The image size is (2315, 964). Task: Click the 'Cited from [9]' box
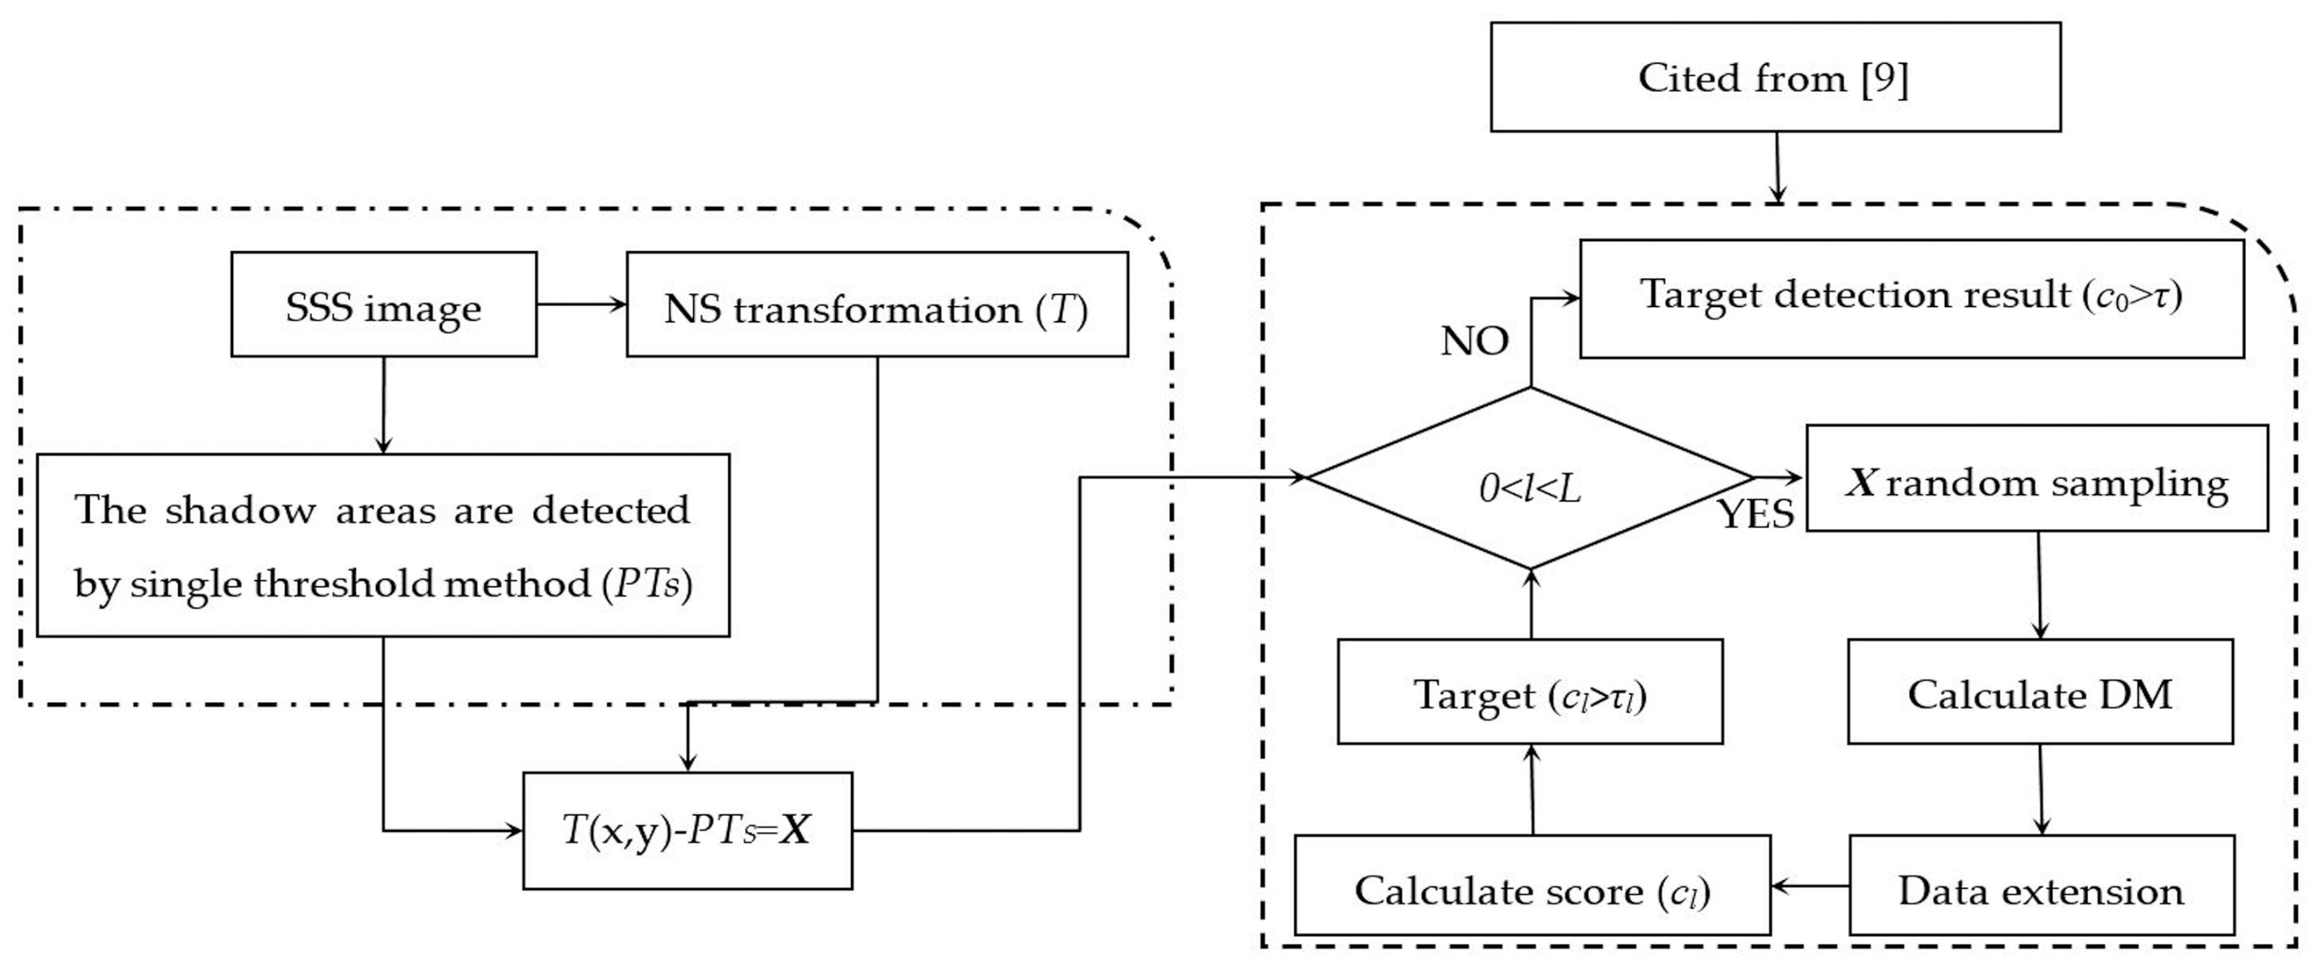1775,77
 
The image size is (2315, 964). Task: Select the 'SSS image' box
384,305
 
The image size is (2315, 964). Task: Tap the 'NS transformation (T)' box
876,305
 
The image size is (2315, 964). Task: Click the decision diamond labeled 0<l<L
1530,478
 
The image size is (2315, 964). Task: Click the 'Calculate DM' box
2040,692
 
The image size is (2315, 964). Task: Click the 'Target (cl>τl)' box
1530,692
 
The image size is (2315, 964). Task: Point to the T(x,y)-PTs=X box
687,830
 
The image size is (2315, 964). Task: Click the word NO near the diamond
1474,342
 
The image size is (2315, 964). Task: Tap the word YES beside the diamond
1756,515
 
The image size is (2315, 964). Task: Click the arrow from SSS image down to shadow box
384,405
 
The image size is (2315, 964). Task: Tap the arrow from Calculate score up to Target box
1532,790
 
